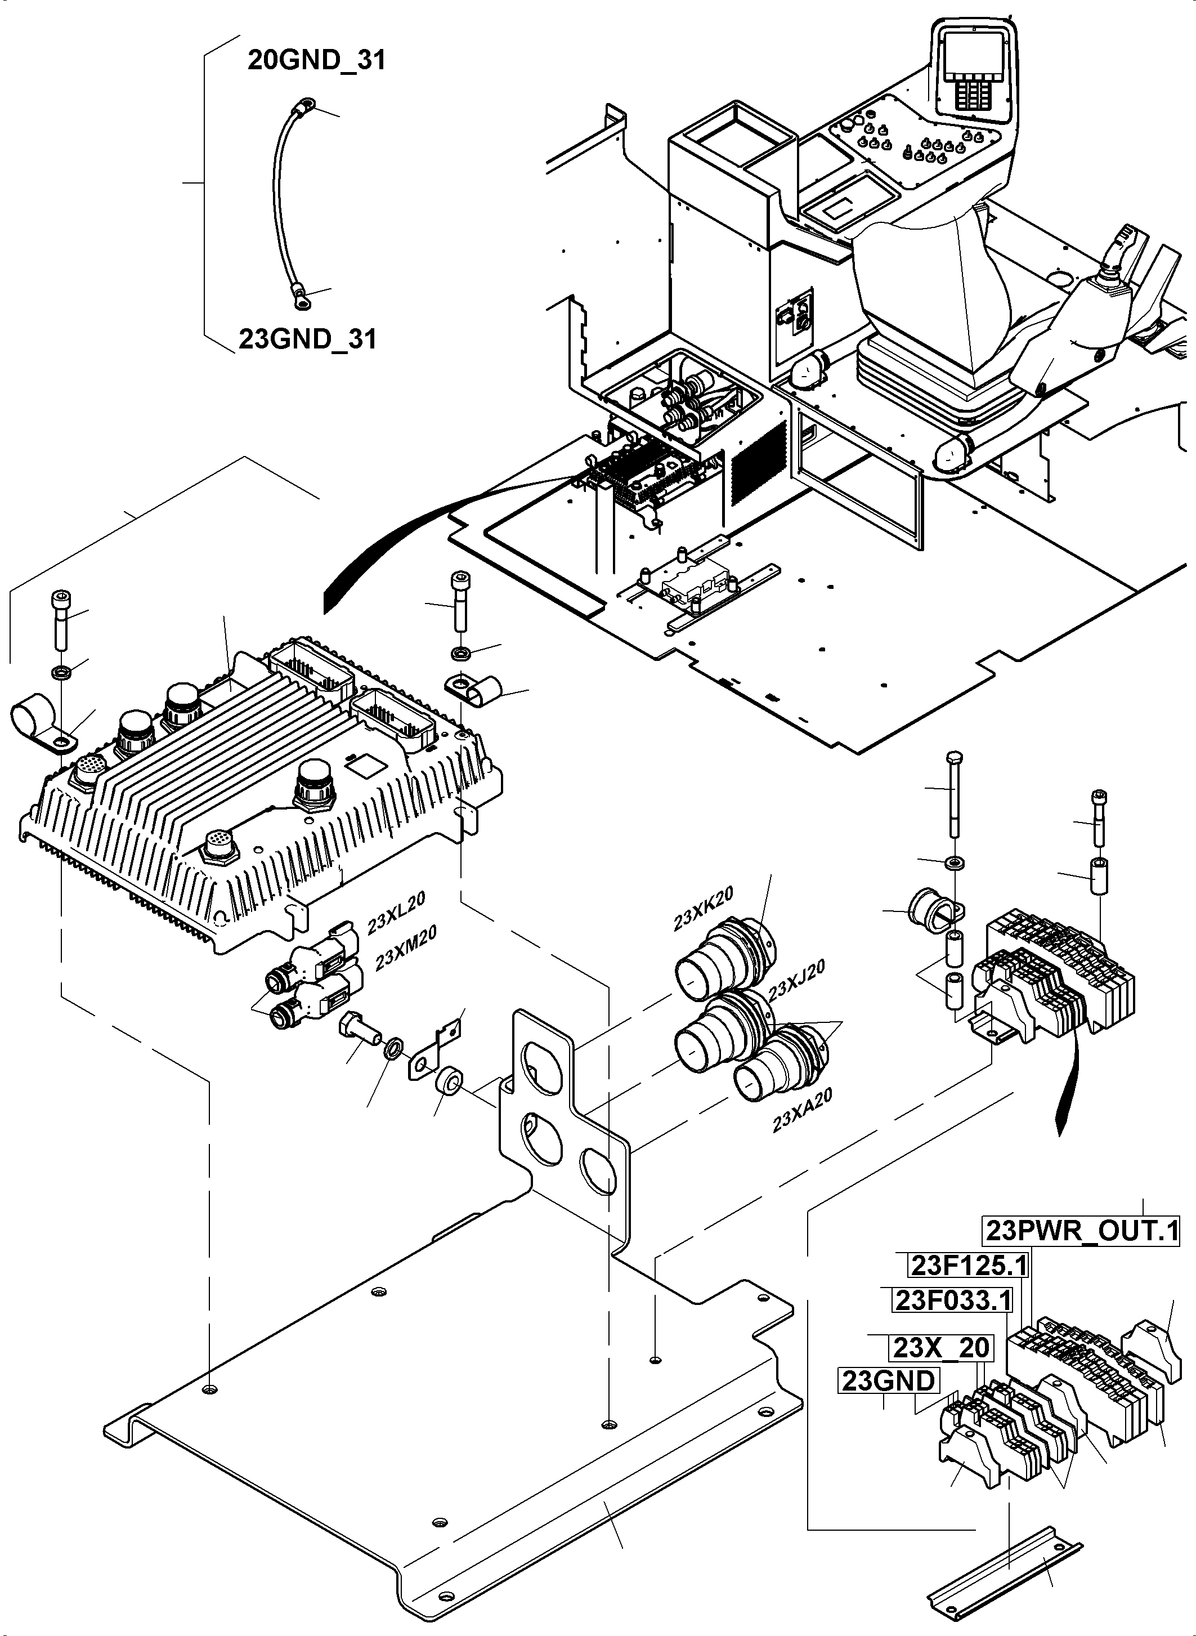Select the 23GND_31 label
(308, 339)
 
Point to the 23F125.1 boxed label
(969, 1265)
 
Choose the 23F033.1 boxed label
(953, 1300)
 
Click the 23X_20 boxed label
(940, 1348)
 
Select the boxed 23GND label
(888, 1381)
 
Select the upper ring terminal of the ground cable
(303, 107)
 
